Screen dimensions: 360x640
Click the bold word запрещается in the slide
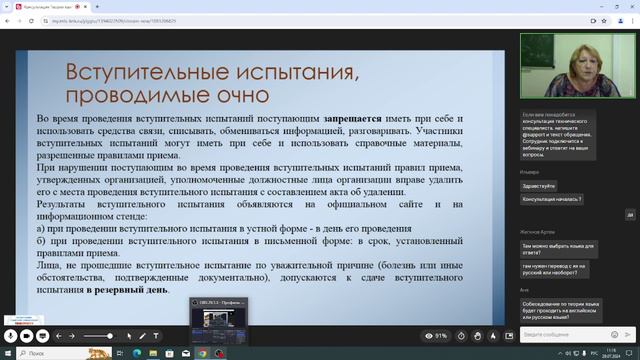pos(352,118)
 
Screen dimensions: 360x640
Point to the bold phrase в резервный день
pos(127,290)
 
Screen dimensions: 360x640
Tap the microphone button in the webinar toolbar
pos(12,336)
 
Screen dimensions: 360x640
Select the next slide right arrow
pos(73,336)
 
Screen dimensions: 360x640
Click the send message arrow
pos(628,335)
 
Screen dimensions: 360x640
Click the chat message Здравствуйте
pos(538,185)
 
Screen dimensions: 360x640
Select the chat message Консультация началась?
pos(549,198)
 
